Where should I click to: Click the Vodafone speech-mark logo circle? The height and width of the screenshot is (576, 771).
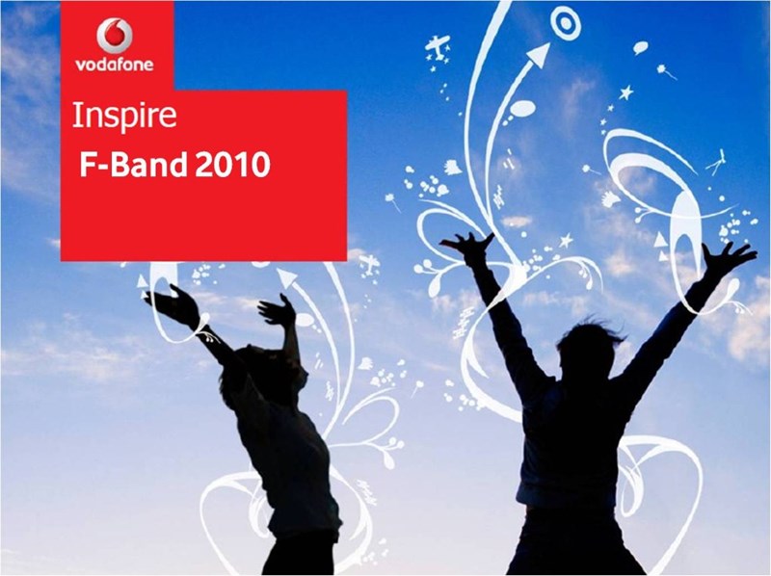115,36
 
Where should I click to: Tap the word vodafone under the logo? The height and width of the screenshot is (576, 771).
115,65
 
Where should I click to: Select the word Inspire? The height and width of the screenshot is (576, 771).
124,117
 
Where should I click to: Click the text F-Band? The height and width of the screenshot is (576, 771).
133,165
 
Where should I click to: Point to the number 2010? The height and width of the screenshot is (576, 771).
232,165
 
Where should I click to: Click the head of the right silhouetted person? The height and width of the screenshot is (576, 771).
589,349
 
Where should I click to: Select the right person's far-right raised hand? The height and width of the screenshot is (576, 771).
728,258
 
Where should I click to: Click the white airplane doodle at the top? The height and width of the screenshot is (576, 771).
438,46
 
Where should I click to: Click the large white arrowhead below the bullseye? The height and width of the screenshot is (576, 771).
540,55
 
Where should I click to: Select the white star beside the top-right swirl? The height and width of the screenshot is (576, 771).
625,92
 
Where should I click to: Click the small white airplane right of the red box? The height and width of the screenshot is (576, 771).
369,264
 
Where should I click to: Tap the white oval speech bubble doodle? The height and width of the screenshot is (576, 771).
522,107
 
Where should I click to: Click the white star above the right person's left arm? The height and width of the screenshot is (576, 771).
567,241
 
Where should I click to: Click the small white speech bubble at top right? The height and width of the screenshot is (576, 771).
640,47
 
